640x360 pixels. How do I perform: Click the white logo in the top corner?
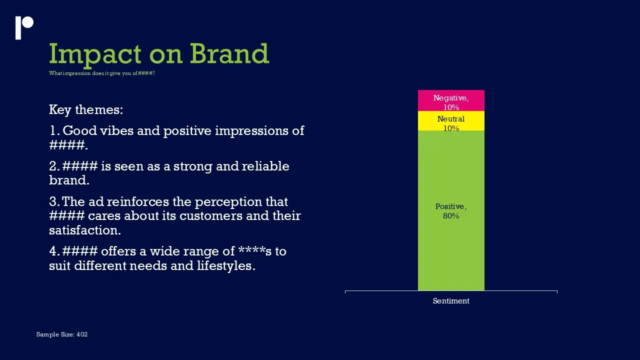tap(24, 27)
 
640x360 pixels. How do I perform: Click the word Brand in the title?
tap(229, 53)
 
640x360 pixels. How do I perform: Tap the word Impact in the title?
tap(95, 55)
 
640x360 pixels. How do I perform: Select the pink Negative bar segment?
tap(451, 100)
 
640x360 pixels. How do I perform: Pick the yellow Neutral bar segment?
tap(451, 121)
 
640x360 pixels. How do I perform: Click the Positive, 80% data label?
tap(451, 211)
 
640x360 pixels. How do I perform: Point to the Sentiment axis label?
tap(451, 301)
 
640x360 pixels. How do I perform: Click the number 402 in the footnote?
tap(82, 334)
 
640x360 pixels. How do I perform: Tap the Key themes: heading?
tap(86, 109)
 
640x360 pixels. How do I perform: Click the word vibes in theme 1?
tap(116, 130)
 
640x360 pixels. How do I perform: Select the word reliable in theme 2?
tap(265, 166)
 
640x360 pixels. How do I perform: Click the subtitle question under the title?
tap(101, 73)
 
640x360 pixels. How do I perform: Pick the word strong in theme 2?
tap(193, 167)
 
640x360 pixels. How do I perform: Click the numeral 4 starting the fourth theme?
tap(53, 251)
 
